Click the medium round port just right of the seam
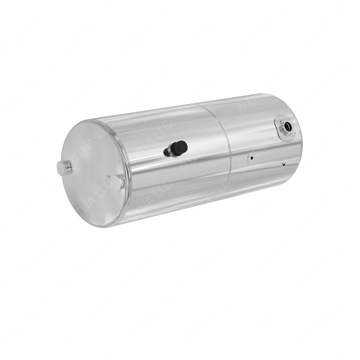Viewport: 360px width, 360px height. (x=250, y=158)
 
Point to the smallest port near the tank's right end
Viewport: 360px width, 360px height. (x=283, y=164)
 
